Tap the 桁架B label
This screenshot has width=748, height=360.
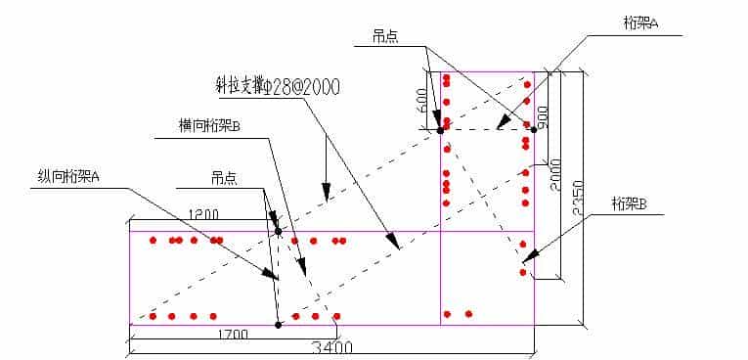click(x=630, y=203)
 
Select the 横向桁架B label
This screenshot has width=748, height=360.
click(x=209, y=125)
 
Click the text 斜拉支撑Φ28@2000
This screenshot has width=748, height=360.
click(x=278, y=86)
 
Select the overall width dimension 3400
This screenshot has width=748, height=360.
click(x=333, y=346)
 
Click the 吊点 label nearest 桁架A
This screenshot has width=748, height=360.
click(x=384, y=35)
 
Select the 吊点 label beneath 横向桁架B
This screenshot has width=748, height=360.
click(x=224, y=179)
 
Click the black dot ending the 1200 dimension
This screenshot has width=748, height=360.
click(x=279, y=232)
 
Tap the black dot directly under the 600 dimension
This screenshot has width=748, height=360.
click(x=440, y=130)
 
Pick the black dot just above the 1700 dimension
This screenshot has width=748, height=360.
click(x=278, y=324)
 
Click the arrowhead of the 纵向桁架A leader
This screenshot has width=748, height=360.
click(x=273, y=278)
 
